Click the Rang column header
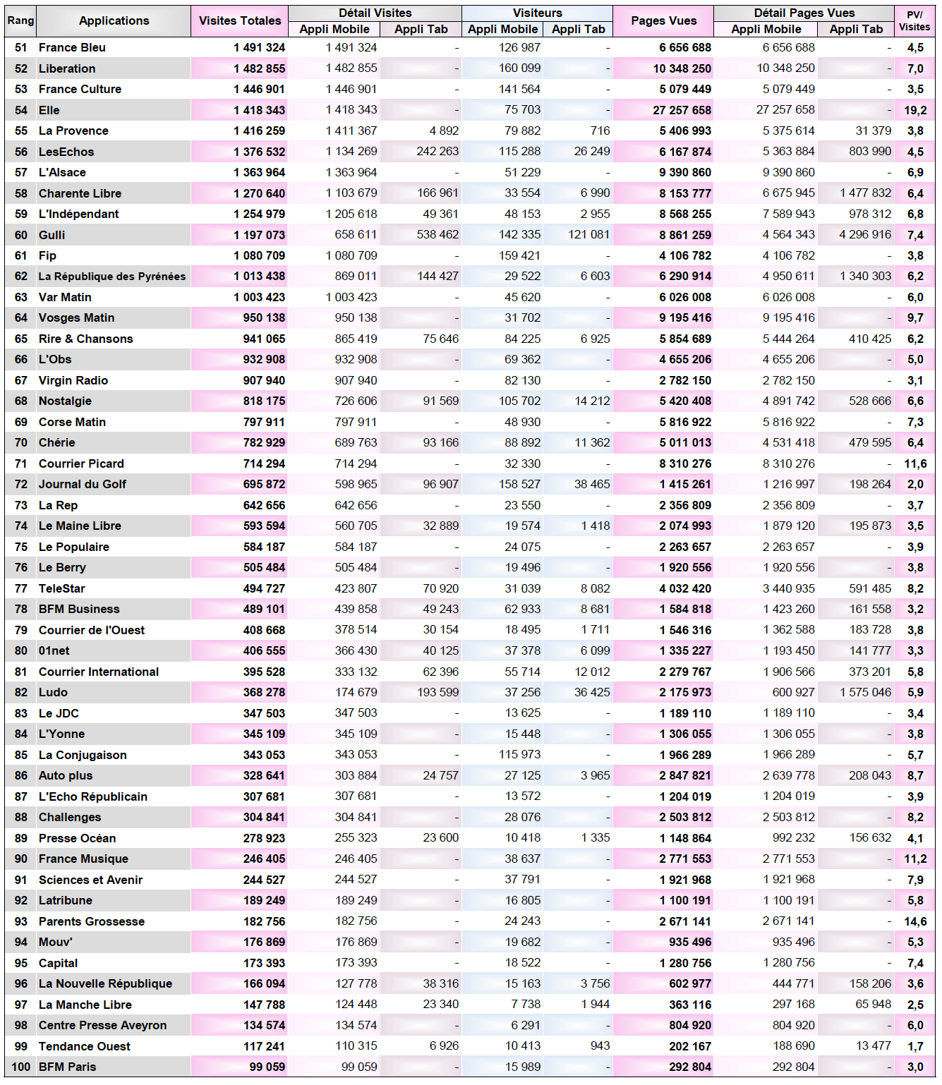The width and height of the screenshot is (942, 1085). tap(20, 20)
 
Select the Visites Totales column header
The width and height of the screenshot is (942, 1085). tap(239, 20)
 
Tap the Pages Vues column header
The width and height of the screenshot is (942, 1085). tap(663, 20)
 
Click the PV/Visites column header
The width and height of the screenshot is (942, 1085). tap(914, 20)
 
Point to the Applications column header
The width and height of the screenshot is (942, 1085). tap(114, 20)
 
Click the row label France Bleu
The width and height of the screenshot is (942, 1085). tap(72, 47)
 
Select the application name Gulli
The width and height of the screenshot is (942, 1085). tap(52, 235)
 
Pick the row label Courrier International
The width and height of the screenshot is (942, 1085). tap(99, 672)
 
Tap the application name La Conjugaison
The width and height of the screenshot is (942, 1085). tap(83, 755)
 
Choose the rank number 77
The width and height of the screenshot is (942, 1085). tap(21, 588)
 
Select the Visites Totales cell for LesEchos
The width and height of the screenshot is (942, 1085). tap(259, 152)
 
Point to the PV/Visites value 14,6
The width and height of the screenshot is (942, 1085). tap(915, 921)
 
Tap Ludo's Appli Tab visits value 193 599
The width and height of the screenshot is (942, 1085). tap(437, 692)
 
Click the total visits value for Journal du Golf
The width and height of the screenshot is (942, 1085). tap(264, 484)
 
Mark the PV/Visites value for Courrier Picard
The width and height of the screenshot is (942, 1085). tap(915, 463)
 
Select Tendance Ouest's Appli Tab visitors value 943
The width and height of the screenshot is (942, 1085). tap(600, 1045)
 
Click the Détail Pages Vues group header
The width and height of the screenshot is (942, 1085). tap(804, 13)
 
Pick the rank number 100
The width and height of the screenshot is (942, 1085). tap(21, 1067)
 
